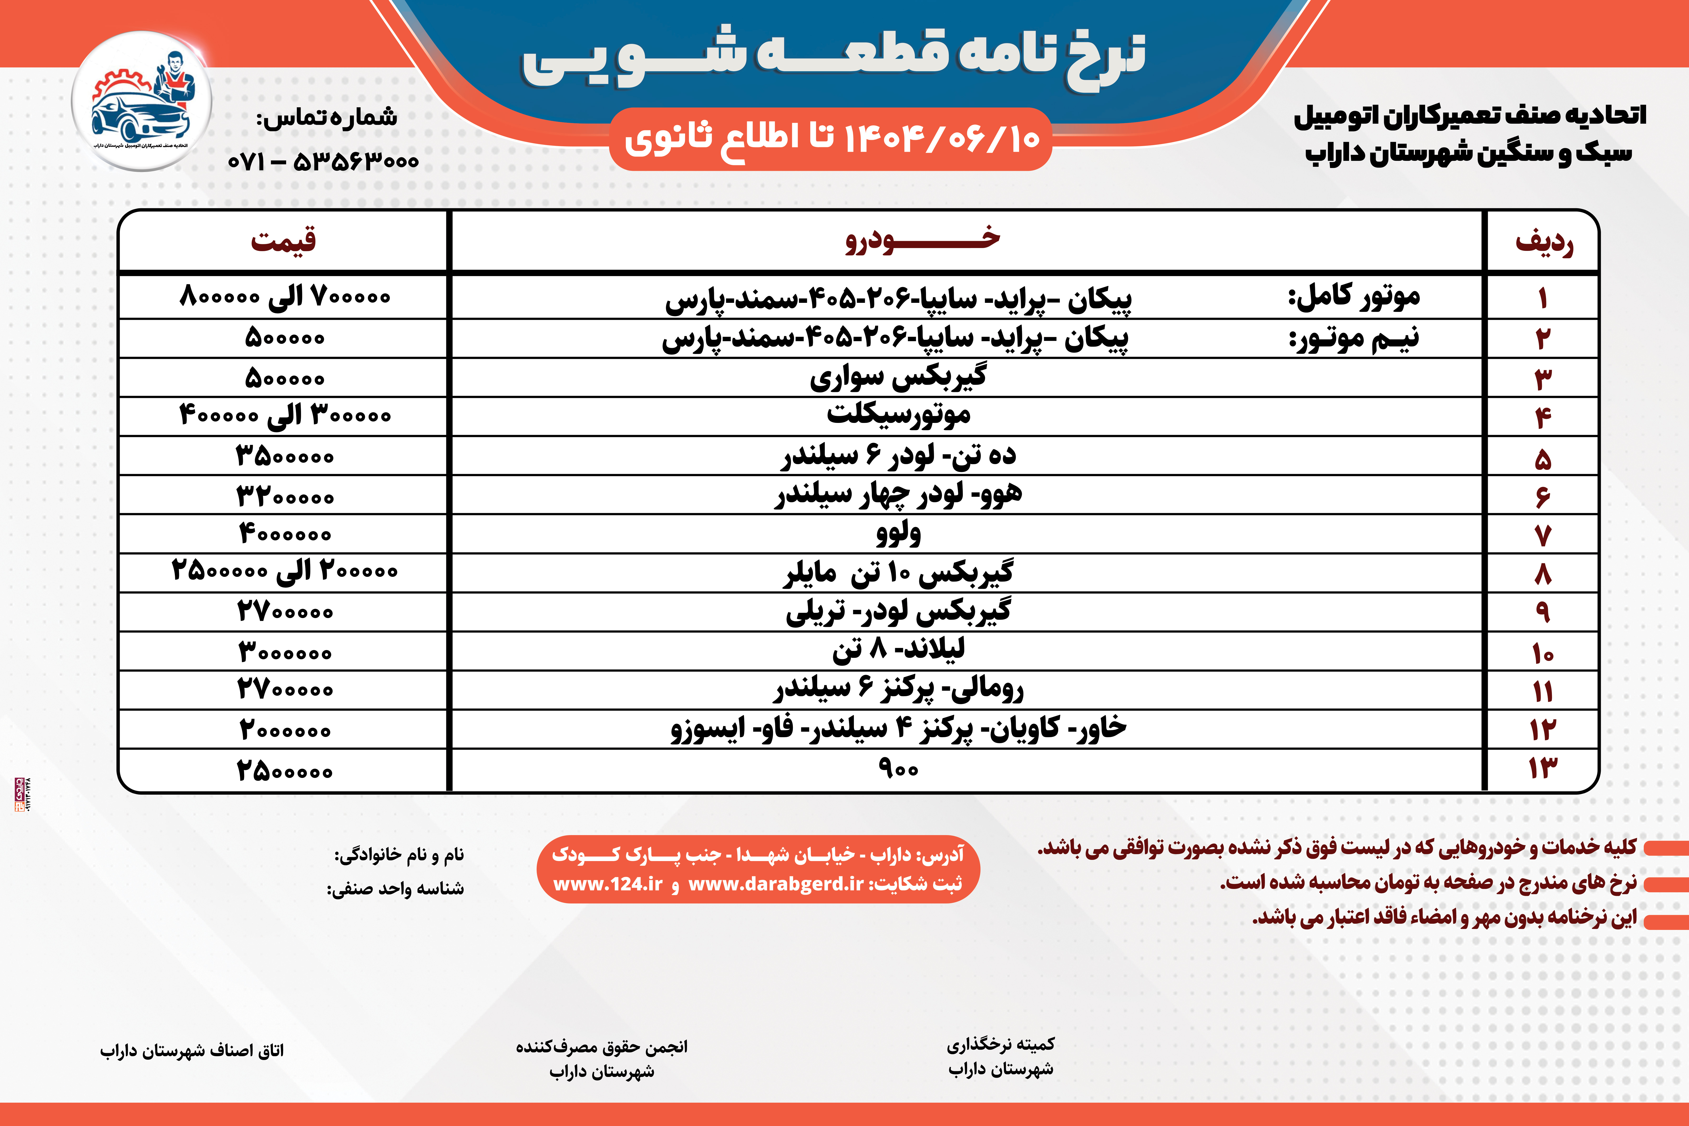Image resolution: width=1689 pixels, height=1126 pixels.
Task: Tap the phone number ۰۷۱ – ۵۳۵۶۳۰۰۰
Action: tap(323, 161)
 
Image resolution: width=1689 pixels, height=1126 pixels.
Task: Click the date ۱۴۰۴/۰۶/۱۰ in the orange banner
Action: tap(941, 138)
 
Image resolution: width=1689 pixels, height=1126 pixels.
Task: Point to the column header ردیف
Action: tap(1543, 242)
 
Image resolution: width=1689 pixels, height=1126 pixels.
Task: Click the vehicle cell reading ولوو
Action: tap(898, 533)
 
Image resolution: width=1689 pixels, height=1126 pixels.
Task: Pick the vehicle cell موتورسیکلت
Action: tap(898, 414)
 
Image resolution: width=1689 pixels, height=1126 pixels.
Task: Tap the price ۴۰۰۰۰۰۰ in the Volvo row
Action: tap(285, 533)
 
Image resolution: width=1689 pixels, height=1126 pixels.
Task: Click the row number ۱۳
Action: tap(1542, 768)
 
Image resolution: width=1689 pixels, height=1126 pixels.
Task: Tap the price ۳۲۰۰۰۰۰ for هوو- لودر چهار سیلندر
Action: tap(285, 496)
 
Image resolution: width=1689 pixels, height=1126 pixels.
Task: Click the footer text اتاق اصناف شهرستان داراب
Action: tap(192, 1051)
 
